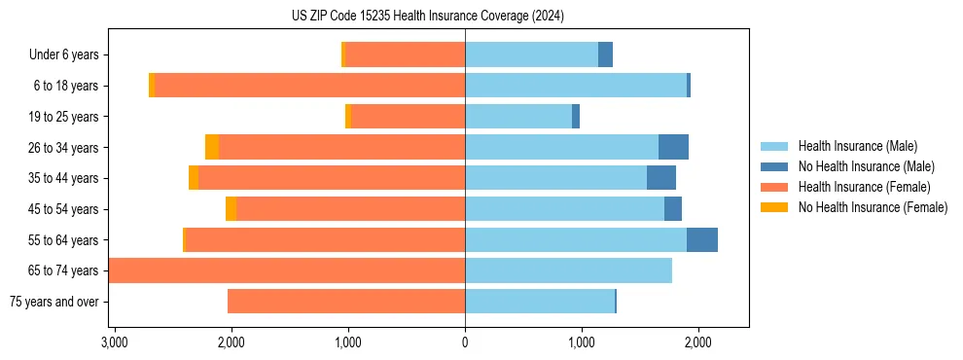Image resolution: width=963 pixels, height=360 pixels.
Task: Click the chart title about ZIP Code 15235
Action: click(x=427, y=16)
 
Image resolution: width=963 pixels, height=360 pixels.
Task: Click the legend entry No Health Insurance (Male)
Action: click(x=866, y=166)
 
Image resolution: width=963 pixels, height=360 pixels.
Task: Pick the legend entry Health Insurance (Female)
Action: click(x=864, y=187)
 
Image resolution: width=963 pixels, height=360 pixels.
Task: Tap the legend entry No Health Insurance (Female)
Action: click(x=873, y=207)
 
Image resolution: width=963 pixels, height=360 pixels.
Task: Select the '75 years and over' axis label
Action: click(x=53, y=302)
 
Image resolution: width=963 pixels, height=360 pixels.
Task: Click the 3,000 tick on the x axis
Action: click(x=114, y=342)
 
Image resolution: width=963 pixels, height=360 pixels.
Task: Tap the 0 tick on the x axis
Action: click(x=465, y=342)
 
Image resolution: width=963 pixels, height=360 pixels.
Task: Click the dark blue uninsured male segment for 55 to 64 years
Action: click(x=702, y=240)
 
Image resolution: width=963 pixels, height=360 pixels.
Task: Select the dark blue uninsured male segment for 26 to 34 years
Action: click(x=673, y=148)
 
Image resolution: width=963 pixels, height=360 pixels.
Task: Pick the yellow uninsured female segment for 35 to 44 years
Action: click(x=194, y=178)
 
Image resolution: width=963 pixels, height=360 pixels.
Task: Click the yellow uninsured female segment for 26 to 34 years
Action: click(x=212, y=148)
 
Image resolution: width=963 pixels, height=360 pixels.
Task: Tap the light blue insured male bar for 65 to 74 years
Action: click(x=568, y=270)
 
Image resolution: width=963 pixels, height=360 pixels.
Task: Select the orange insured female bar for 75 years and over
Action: click(x=346, y=302)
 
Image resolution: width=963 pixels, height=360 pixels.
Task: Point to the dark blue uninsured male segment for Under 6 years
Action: click(x=605, y=55)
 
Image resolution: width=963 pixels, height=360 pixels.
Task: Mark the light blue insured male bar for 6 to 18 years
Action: click(x=576, y=86)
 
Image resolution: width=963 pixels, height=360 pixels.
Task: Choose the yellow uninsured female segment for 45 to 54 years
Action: click(x=231, y=209)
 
